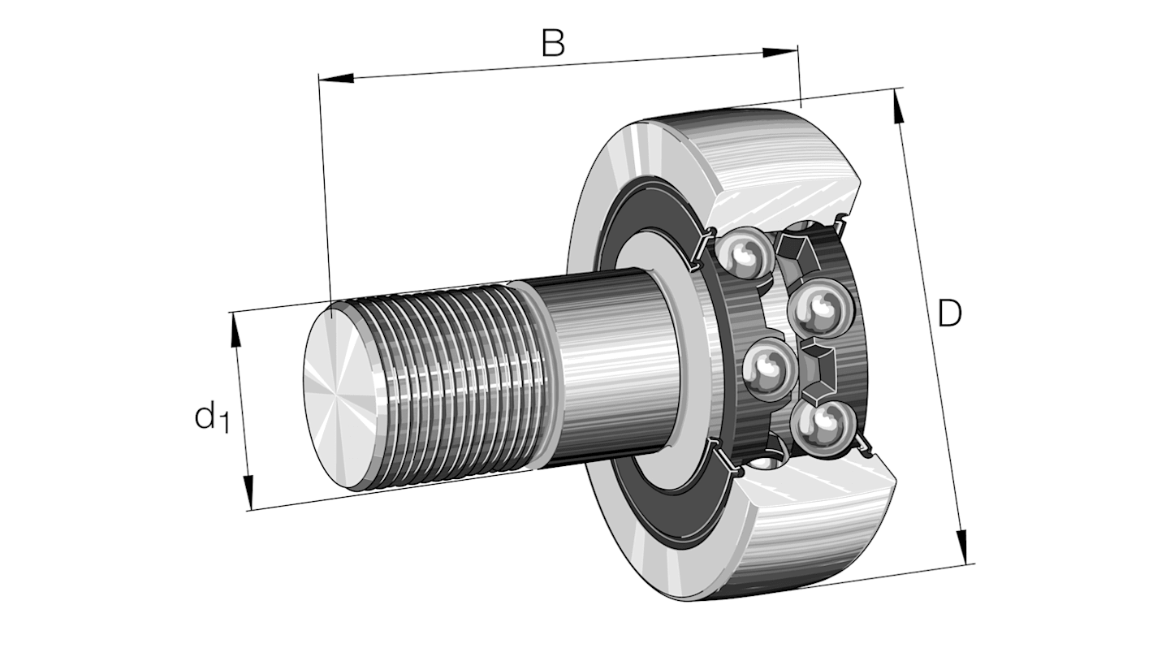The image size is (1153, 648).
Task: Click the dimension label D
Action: point(948,313)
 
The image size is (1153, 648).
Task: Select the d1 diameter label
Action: point(209,417)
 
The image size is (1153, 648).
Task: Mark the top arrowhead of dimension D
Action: point(898,106)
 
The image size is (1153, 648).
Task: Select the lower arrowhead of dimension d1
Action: point(248,490)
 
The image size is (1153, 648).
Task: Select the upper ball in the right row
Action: point(816,309)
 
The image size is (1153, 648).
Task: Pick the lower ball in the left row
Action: point(767,369)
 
